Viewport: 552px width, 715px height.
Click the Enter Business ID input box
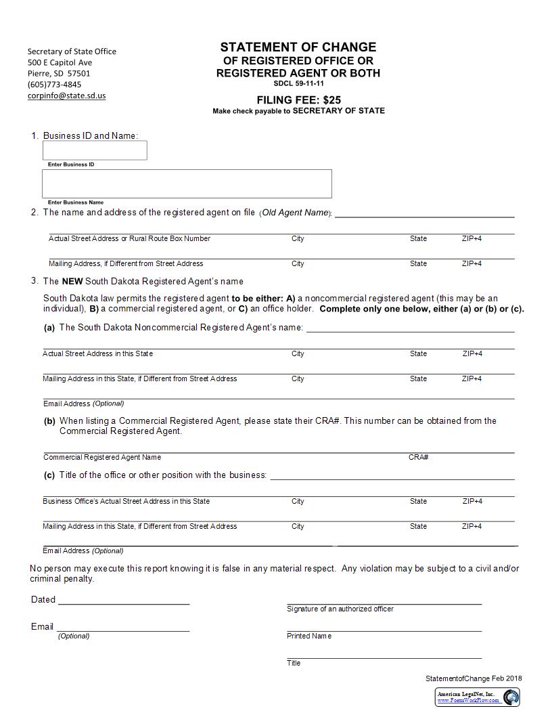pos(95,150)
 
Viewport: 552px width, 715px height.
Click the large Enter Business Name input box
pos(187,183)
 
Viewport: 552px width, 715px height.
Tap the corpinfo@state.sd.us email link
pos(66,95)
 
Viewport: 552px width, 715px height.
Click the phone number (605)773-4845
pos(54,85)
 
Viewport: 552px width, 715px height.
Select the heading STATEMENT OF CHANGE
pos(298,47)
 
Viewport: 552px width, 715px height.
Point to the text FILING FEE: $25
pos(298,100)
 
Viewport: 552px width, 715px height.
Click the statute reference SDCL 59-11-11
pos(298,83)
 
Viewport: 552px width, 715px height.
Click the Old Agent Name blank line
pos(424,215)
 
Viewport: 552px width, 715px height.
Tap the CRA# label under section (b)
pos(418,457)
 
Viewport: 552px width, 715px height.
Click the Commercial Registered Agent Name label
pos(102,457)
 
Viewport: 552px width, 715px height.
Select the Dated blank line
pos(124,602)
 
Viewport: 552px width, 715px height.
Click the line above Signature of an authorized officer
pos(384,602)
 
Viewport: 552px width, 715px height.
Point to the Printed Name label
pos(309,636)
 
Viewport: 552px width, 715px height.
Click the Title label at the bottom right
pos(294,663)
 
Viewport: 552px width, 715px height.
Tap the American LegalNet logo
pos(477,697)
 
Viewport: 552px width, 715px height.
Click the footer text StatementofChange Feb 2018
pos(474,678)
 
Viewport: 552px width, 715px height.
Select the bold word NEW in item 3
pos(72,281)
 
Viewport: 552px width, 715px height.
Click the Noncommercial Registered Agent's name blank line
pos(411,331)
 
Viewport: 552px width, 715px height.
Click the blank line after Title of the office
pos(392,478)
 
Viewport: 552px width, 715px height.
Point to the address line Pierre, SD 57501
pos(59,73)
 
